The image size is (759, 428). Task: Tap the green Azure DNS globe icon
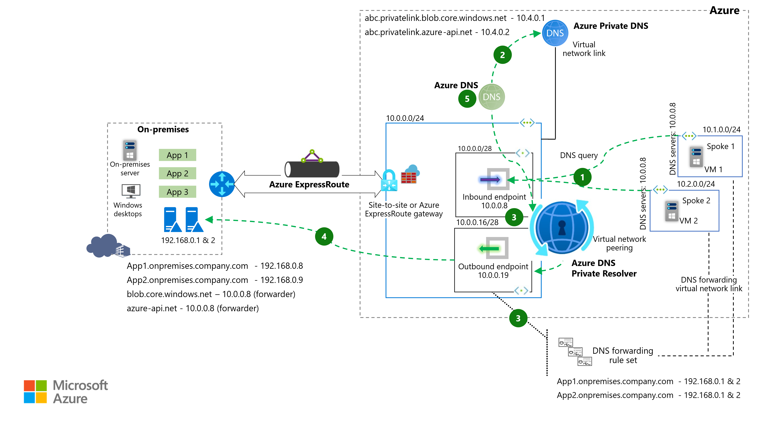click(491, 97)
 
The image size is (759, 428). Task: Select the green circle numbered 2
click(502, 55)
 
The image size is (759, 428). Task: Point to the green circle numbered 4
click(324, 236)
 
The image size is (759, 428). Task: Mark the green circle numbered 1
click(582, 177)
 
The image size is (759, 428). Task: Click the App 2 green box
click(177, 174)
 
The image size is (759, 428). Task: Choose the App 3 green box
click(177, 192)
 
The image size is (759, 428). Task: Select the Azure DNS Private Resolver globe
click(562, 228)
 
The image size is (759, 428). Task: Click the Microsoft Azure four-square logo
click(35, 392)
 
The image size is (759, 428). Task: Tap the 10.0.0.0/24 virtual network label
click(405, 118)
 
